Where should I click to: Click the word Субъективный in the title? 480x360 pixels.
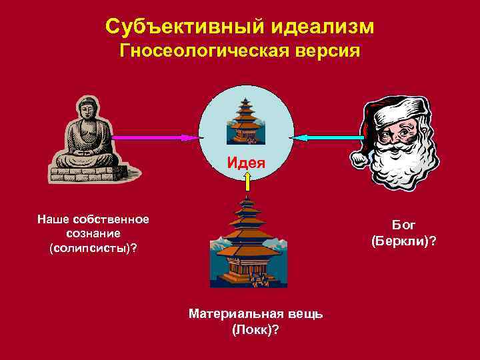(177, 27)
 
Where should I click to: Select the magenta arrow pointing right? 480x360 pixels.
(157, 137)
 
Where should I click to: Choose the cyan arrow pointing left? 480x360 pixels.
(326, 137)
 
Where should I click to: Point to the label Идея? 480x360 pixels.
(246, 162)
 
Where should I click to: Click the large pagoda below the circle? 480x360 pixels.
(247, 243)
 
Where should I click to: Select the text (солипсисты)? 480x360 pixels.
(93, 248)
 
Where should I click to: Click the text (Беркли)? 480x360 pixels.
(404, 240)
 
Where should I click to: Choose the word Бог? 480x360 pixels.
(404, 225)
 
